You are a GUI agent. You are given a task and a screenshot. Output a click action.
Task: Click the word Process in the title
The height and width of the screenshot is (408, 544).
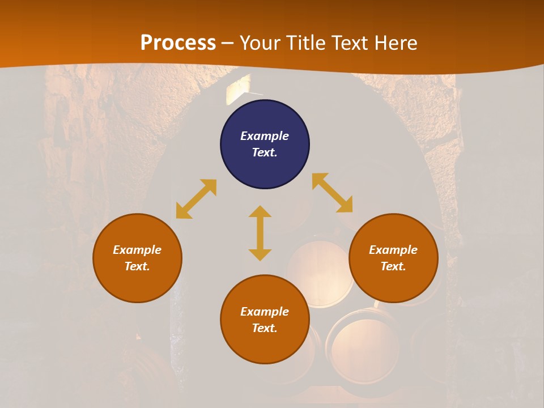point(178,43)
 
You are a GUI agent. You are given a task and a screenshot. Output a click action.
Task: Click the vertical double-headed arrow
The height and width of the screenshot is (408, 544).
point(260,233)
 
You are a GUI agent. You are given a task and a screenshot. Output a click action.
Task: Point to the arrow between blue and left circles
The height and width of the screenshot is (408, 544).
point(196,199)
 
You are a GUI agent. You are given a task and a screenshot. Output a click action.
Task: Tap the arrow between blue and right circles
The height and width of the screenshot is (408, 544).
point(332,193)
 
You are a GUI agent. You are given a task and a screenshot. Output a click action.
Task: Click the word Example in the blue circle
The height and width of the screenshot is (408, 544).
point(265,136)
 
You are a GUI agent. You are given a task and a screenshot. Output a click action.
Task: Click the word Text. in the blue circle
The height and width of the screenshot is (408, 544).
point(265,152)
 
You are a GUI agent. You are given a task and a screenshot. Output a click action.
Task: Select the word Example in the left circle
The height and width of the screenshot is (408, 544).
point(137,250)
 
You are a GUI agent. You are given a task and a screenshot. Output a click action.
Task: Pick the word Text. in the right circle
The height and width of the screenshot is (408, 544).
point(393,266)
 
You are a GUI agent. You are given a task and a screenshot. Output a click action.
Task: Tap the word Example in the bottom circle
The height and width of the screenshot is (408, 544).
point(265,312)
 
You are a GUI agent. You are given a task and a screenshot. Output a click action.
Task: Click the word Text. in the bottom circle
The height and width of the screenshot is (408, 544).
point(265,328)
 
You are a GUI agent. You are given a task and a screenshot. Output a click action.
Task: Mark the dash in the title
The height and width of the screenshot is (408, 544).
point(227,44)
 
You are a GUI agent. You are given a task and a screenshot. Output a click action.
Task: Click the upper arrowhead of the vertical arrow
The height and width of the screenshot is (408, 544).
point(260,212)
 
